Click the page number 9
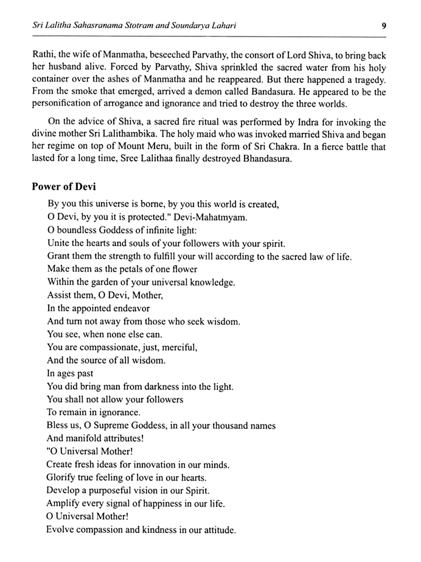[x=384, y=26]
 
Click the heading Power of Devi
[x=64, y=187]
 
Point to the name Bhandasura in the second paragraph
[x=267, y=159]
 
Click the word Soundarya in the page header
[x=186, y=26]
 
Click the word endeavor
[x=131, y=308]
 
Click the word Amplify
[x=63, y=504]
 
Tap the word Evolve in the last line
[x=59, y=530]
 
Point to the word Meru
[x=156, y=146]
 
